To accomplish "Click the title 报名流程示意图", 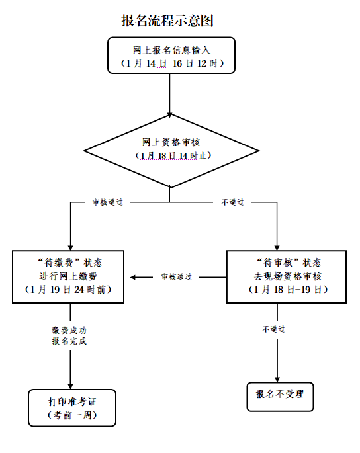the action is (167, 21).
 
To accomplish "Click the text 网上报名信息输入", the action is (171, 50).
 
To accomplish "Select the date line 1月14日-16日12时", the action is (172, 63).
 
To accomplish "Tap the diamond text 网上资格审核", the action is (171, 142).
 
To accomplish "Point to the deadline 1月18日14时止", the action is (173, 155).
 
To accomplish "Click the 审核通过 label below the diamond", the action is (108, 202).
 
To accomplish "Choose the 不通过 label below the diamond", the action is (233, 202).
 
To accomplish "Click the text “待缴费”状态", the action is (69, 263).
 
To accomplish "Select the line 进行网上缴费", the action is (68, 276).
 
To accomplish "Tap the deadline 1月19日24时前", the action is (68, 290).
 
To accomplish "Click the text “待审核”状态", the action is (289, 263).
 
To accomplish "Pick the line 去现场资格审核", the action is (288, 276).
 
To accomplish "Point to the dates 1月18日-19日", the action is (288, 290).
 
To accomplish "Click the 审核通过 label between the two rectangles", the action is (177, 277).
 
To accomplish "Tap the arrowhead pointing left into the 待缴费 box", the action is (133, 277).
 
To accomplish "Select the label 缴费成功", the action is (69, 330).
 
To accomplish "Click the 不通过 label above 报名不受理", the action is (273, 329).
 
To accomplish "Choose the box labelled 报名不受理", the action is (280, 397).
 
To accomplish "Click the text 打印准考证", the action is (72, 401).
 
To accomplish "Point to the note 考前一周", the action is (72, 415).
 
